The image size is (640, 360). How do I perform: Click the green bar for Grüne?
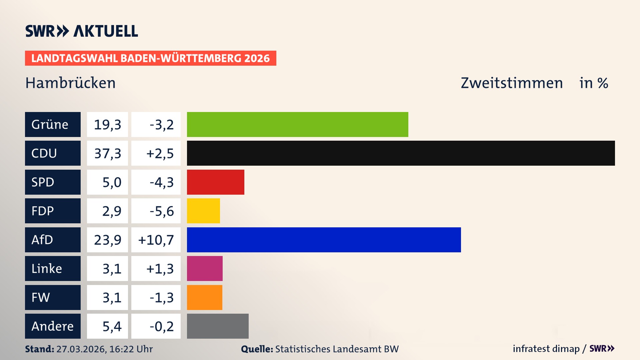[x=297, y=124]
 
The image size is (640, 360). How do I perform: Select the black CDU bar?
[x=401, y=153]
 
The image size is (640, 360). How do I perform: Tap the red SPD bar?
[x=215, y=182]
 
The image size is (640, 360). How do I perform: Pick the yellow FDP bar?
[x=203, y=211]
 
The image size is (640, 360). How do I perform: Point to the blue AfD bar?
[x=324, y=240]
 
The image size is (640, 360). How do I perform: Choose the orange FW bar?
[x=204, y=297]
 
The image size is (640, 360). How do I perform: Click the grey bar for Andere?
[x=218, y=326]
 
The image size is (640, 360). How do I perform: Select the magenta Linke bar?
[x=205, y=268]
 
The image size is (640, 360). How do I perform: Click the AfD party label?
[x=53, y=240]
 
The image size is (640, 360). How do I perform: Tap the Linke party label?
[x=53, y=268]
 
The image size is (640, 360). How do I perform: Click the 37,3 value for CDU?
[x=107, y=153]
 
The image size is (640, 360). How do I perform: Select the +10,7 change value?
[x=156, y=240]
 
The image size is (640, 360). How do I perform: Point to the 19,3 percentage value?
[x=107, y=125]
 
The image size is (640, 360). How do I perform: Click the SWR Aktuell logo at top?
[x=82, y=31]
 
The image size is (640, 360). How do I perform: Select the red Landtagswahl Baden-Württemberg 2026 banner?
[x=150, y=58]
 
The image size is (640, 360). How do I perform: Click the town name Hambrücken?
[x=70, y=83]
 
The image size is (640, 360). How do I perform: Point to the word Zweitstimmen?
[x=512, y=83]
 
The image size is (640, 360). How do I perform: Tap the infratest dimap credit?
[x=546, y=349]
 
